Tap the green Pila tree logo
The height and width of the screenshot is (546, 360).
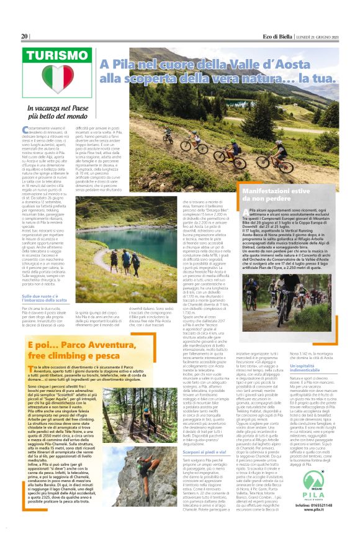point(320,498)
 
